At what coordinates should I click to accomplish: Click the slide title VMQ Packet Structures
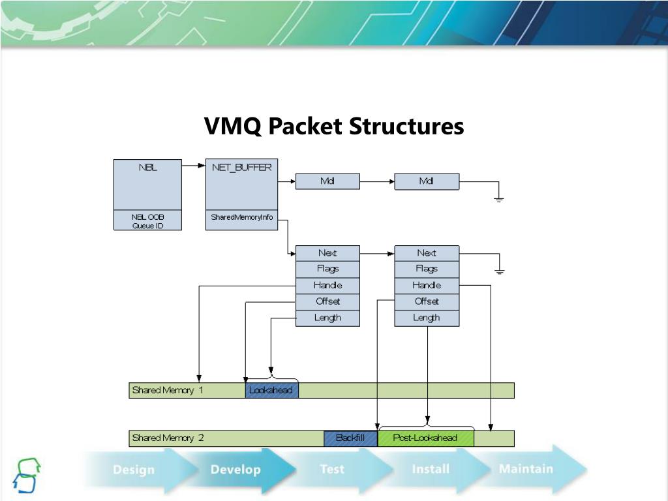pos(334,126)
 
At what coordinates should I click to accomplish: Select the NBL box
pos(147,185)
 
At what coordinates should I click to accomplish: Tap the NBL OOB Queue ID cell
pos(147,221)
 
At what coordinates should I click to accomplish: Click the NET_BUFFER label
pos(241,167)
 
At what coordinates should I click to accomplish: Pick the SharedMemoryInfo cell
pos(241,217)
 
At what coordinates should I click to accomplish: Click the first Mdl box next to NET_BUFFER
pos(327,181)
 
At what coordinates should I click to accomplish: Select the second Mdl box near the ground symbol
pos(427,181)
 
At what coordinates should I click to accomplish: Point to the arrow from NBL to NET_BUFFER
pos(193,166)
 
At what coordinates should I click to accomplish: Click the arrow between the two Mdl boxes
pos(377,181)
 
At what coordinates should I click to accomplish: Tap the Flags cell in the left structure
pos(327,269)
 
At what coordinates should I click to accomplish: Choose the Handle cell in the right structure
pos(427,285)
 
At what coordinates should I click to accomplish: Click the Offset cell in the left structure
pos(327,301)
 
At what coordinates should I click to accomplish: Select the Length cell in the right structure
pos(427,318)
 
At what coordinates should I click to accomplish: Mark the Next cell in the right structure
pos(427,253)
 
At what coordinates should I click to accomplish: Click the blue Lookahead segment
pos(271,390)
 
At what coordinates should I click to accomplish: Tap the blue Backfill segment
pos(350,438)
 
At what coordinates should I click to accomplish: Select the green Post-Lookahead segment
pos(425,438)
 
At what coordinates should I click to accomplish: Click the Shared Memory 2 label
pos(168,438)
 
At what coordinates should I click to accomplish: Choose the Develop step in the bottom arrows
pos(235,470)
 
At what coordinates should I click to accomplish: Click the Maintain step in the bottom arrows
pos(526,468)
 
